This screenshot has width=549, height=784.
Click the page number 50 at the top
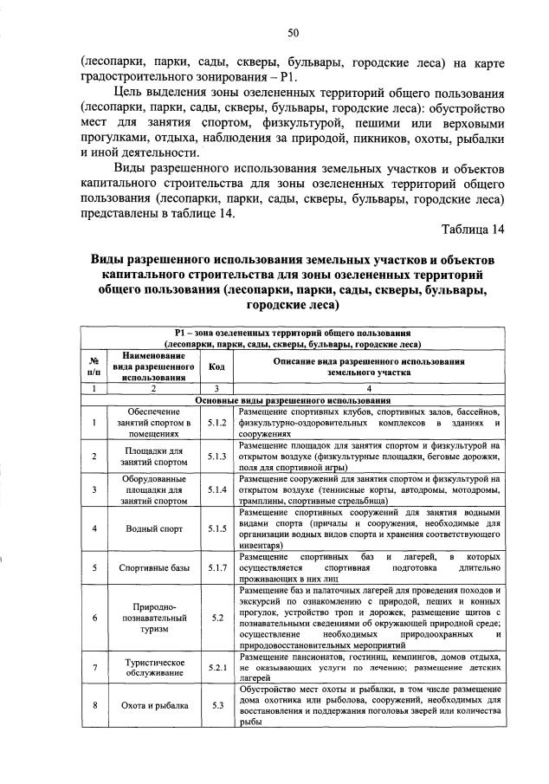coord(294,33)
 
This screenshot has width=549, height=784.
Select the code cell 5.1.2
coord(216,423)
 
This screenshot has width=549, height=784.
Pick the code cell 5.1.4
coord(216,490)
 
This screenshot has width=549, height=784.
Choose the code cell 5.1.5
coord(216,528)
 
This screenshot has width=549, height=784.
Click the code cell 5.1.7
coord(216,567)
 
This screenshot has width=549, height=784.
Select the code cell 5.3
coord(216,705)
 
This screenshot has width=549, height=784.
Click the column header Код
coord(216,366)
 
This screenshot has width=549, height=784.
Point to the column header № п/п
coord(93,366)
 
